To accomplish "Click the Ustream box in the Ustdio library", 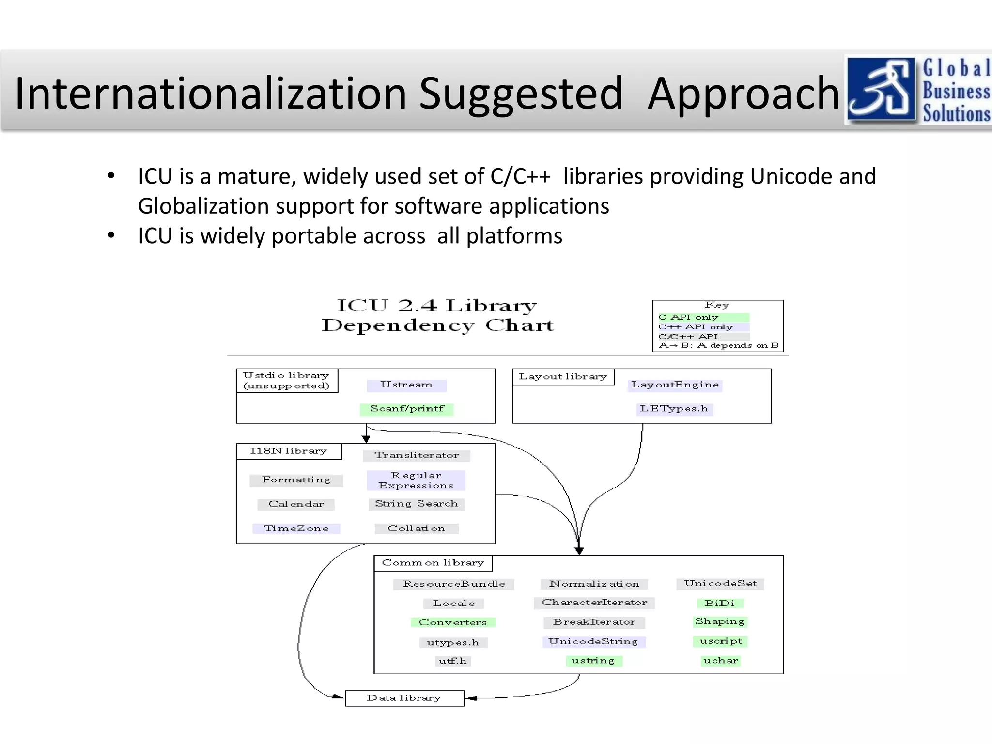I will pyautogui.click(x=406, y=385).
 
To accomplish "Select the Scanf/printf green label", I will pyautogui.click(x=407, y=409).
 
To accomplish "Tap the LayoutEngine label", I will pyautogui.click(x=675, y=385).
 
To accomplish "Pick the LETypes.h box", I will pyautogui.click(x=674, y=409).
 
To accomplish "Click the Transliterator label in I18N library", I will pyautogui.click(x=417, y=455).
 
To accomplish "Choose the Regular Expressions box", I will pyautogui.click(x=416, y=480).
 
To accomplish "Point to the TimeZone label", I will pyautogui.click(x=296, y=528).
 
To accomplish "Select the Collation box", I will pyautogui.click(x=416, y=528).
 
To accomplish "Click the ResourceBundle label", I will pyautogui.click(x=453, y=584).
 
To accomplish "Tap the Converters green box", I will pyautogui.click(x=453, y=622).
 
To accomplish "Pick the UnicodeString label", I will pyautogui.click(x=593, y=642).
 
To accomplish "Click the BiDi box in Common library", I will pyautogui.click(x=720, y=604).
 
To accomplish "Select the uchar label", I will pyautogui.click(x=721, y=661).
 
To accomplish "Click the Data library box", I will pyautogui.click(x=404, y=698).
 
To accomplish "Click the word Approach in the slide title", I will pyautogui.click(x=744, y=94).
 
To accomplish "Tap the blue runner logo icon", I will pyautogui.click(x=881, y=89).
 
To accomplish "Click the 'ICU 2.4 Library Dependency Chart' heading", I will pyautogui.click(x=437, y=315).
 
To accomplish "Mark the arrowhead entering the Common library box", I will pyautogui.click(x=579, y=551).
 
